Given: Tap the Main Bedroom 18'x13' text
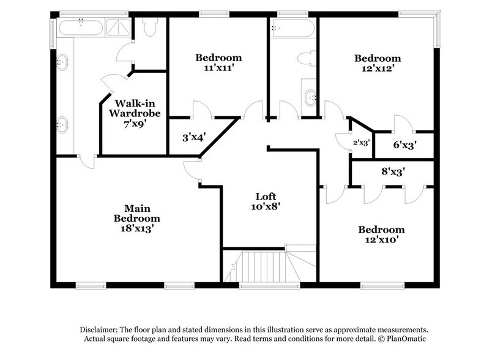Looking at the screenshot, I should [x=136, y=218].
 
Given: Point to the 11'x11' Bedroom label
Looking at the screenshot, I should [x=218, y=62].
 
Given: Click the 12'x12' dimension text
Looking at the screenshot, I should [x=378, y=69].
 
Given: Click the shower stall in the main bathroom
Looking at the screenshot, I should [x=115, y=27].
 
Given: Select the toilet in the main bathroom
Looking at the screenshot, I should [x=149, y=27].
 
